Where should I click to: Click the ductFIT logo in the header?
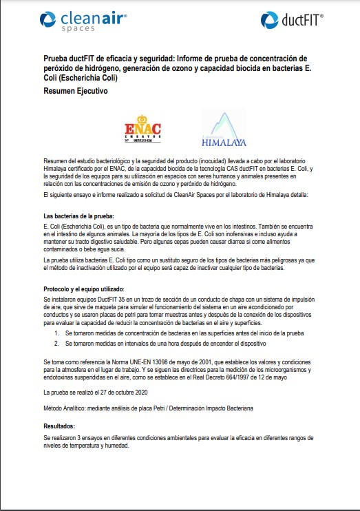click(292, 21)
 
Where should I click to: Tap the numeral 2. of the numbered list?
click(56, 342)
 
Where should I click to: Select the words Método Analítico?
click(67, 408)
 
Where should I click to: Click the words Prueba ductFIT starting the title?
click(70, 58)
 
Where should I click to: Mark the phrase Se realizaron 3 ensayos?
click(77, 437)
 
